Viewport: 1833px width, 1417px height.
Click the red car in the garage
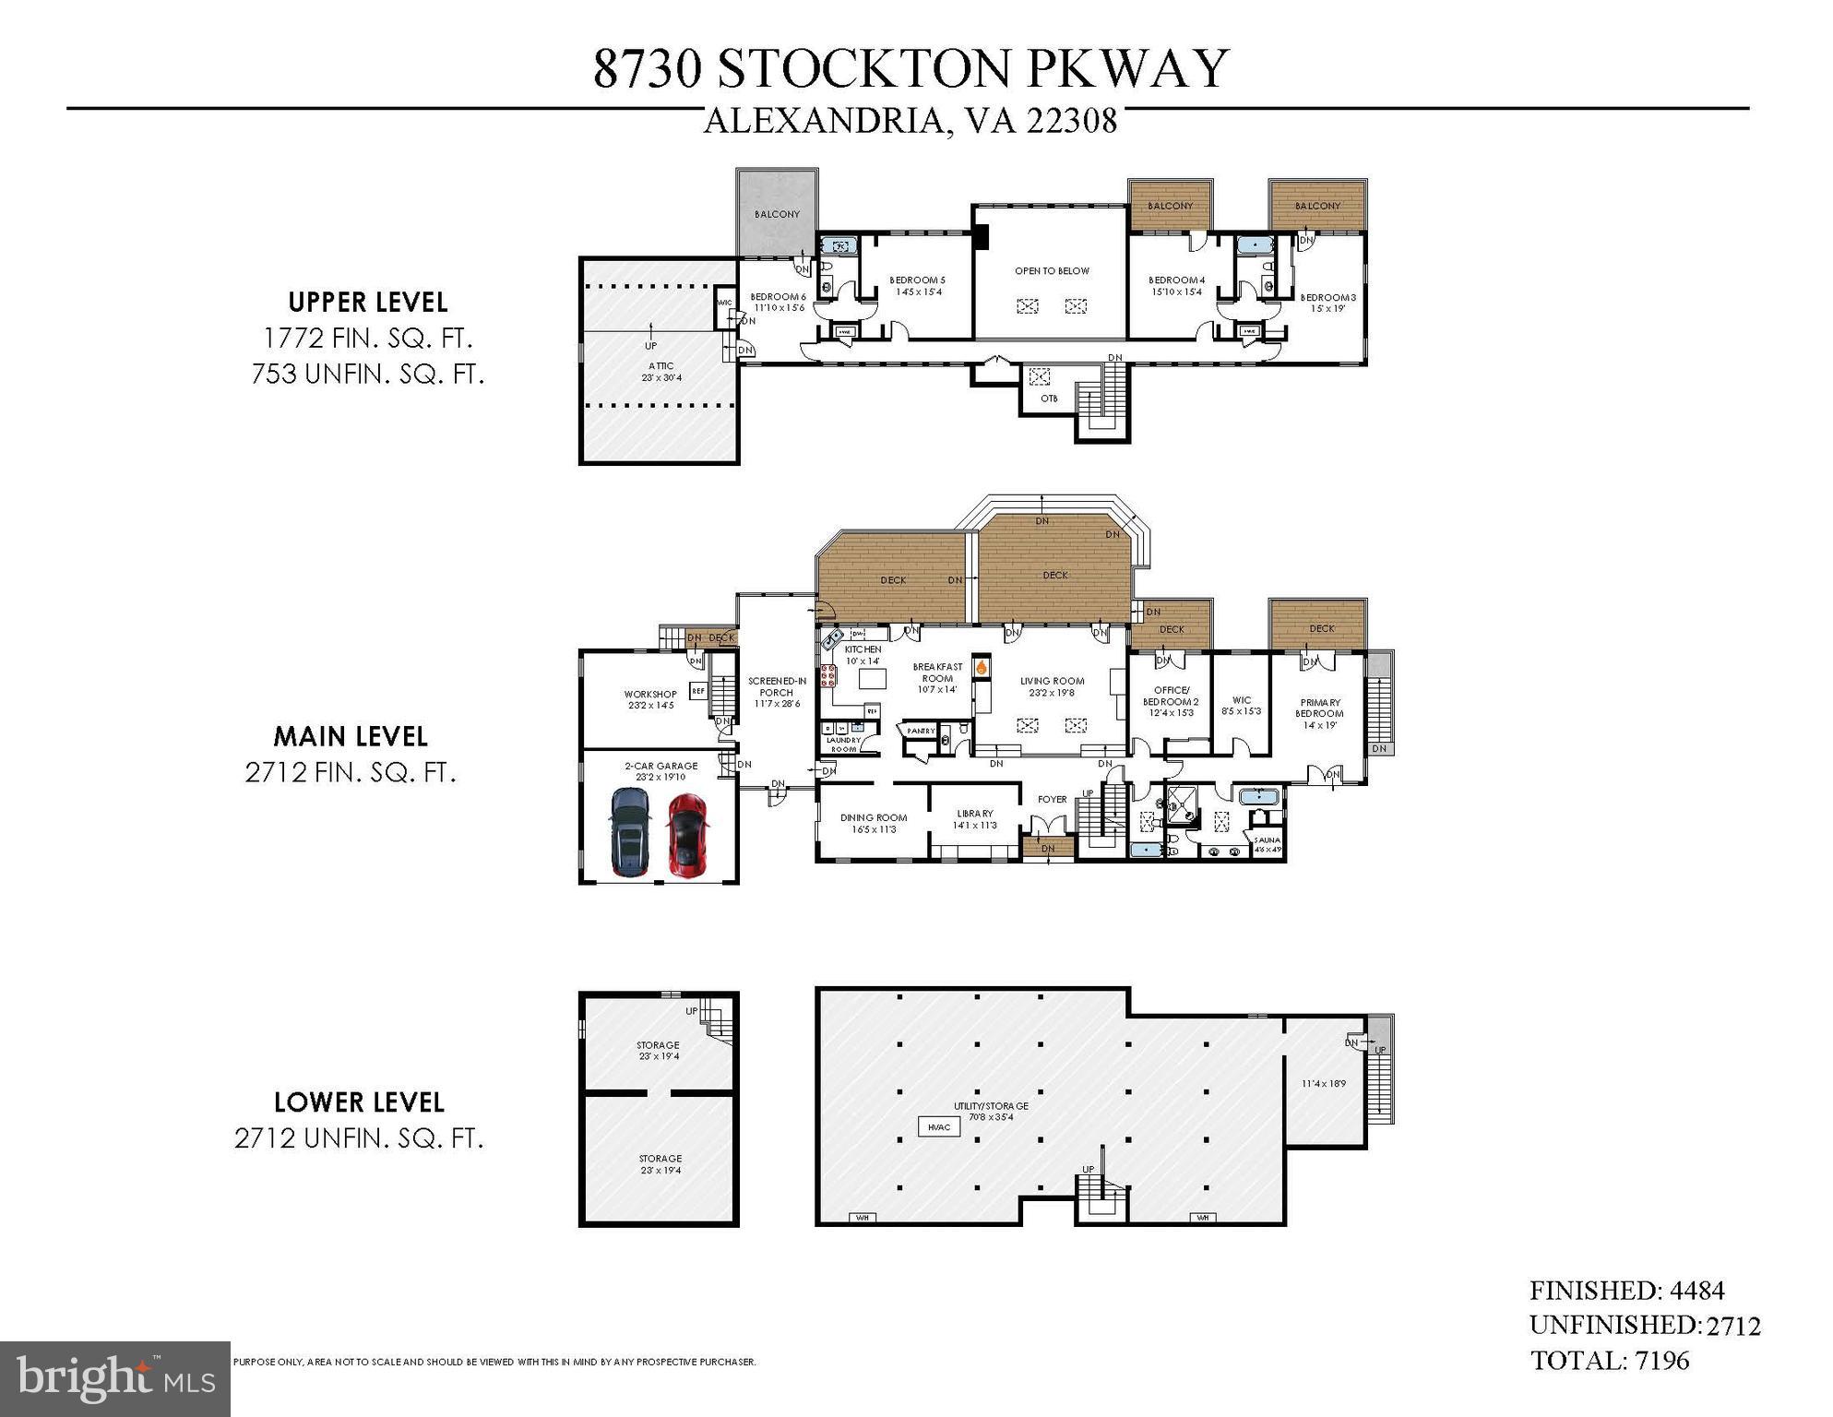[686, 835]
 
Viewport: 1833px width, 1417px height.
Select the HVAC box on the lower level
[938, 1126]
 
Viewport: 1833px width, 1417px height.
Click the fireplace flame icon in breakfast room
[982, 665]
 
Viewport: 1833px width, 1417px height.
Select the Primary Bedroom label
[1319, 708]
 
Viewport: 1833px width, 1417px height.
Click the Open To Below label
[1052, 271]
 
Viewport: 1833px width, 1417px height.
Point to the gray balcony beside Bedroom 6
[777, 212]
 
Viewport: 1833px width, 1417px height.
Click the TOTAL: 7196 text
[1609, 1361]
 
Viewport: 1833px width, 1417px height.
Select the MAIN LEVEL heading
[351, 736]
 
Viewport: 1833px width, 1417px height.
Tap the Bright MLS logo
[114, 1378]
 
